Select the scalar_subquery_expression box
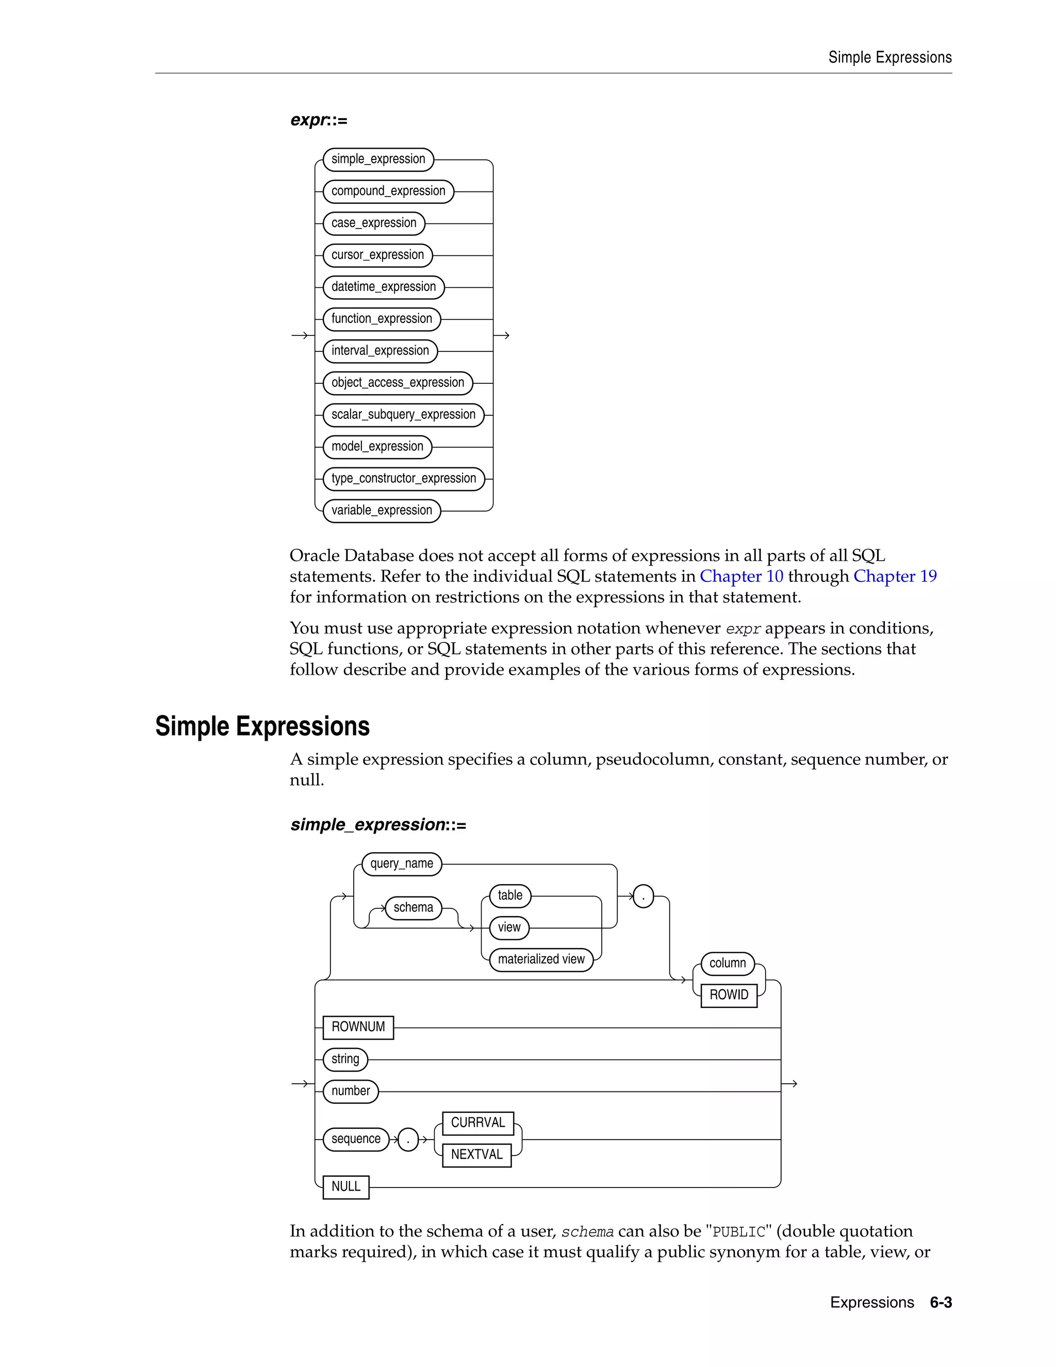click(404, 414)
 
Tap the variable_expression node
click(382, 510)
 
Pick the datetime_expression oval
click(384, 287)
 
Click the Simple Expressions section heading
click(262, 726)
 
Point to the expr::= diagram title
click(319, 120)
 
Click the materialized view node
click(541, 959)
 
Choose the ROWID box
click(729, 995)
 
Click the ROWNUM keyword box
click(358, 1027)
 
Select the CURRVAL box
click(478, 1123)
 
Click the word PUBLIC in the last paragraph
click(739, 1232)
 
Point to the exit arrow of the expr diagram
click(503, 335)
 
